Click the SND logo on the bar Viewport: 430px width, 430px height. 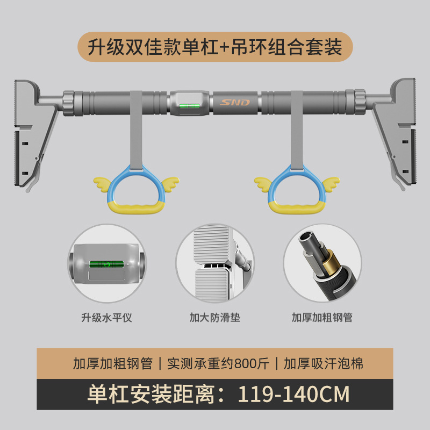pyautogui.click(x=235, y=102)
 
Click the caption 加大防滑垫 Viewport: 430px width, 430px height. pyautogui.click(x=215, y=318)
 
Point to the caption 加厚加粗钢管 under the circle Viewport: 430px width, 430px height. pyautogui.click(x=322, y=318)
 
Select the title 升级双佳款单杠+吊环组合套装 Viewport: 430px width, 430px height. pyautogui.click(x=215, y=47)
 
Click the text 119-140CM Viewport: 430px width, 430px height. pyautogui.click(x=295, y=394)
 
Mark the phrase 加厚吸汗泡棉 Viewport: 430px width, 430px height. pyautogui.click(x=324, y=364)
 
